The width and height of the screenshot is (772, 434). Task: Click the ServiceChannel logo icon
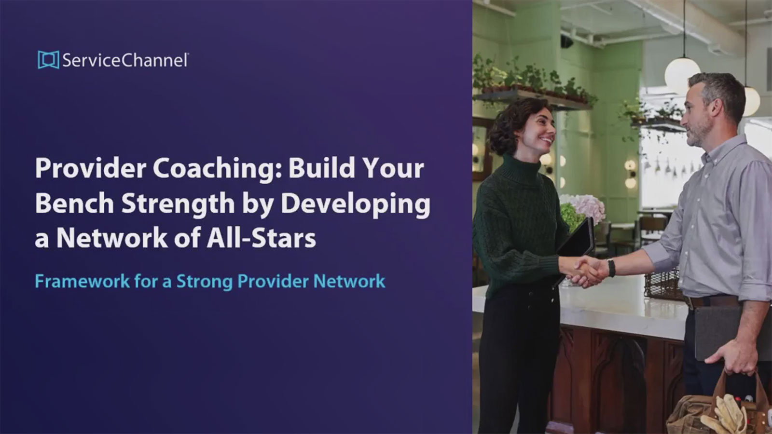click(x=48, y=60)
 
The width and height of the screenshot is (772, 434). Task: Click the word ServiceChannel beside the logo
click(x=125, y=60)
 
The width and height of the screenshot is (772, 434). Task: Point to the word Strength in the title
click(x=178, y=205)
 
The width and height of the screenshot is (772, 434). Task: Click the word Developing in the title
click(x=355, y=205)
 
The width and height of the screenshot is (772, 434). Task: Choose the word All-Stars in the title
click(x=261, y=238)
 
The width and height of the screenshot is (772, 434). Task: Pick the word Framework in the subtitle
click(x=83, y=281)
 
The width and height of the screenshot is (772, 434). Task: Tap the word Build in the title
click(x=318, y=168)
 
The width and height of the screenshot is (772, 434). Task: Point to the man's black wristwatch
click(x=611, y=268)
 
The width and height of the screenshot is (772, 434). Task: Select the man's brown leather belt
click(x=710, y=302)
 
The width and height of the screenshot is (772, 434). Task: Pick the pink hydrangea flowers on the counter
click(x=586, y=206)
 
